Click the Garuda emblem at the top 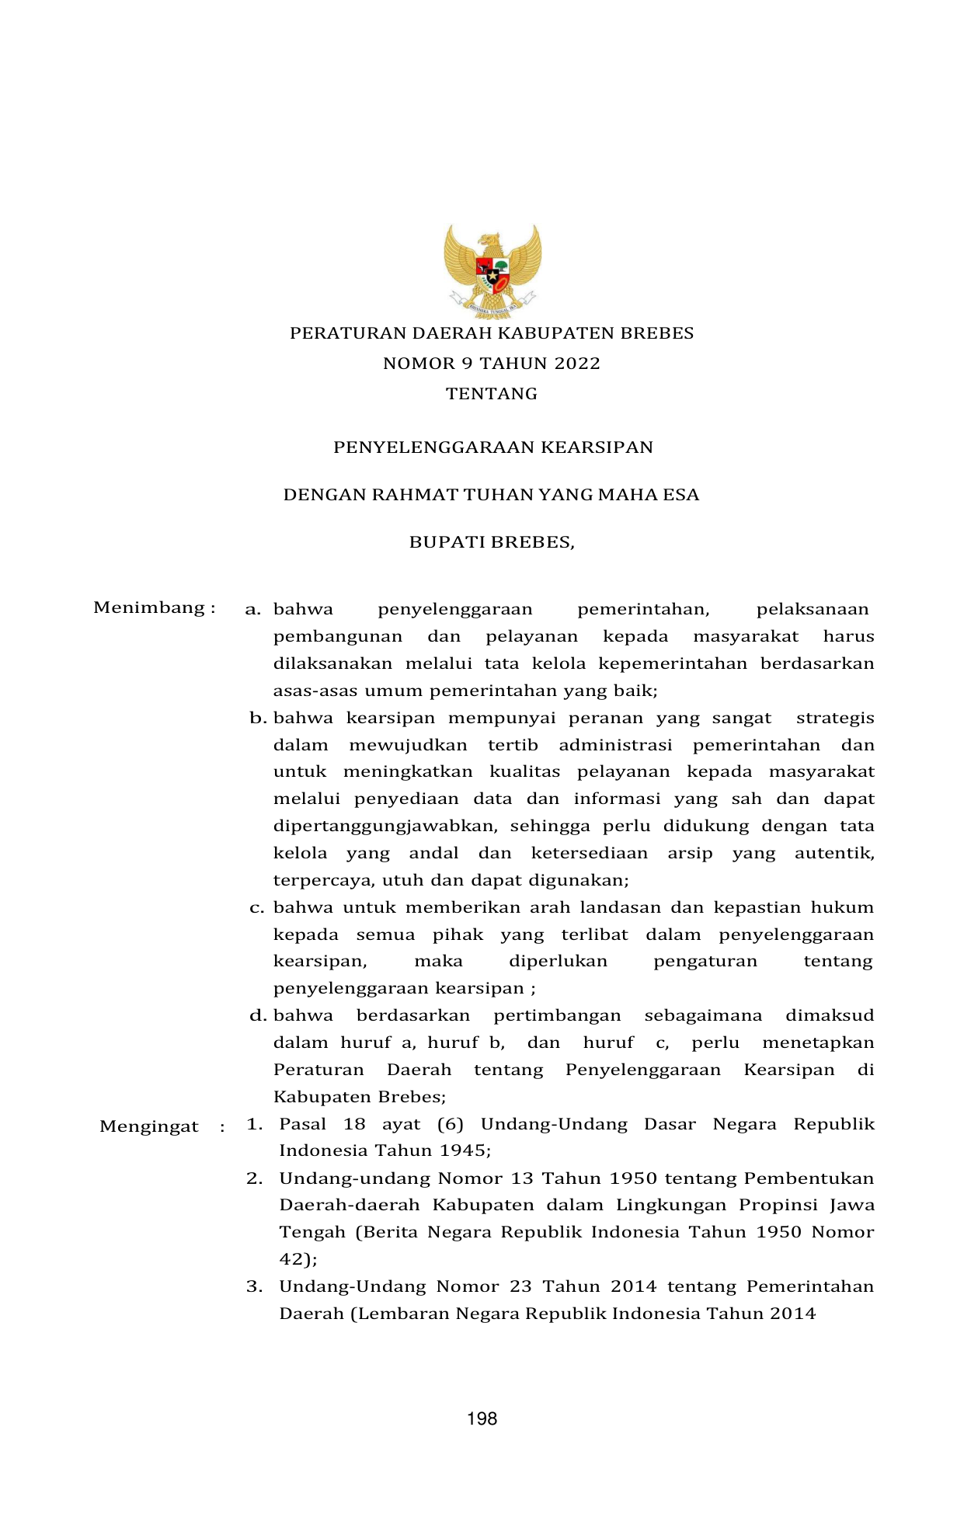pos(492,270)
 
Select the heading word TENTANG pos(492,394)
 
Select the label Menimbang pos(150,607)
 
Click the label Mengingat pos(149,1126)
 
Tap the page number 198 pos(482,1419)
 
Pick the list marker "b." pos(258,719)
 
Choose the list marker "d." pos(258,1015)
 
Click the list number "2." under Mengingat pos(255,1178)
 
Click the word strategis pos(835,719)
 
